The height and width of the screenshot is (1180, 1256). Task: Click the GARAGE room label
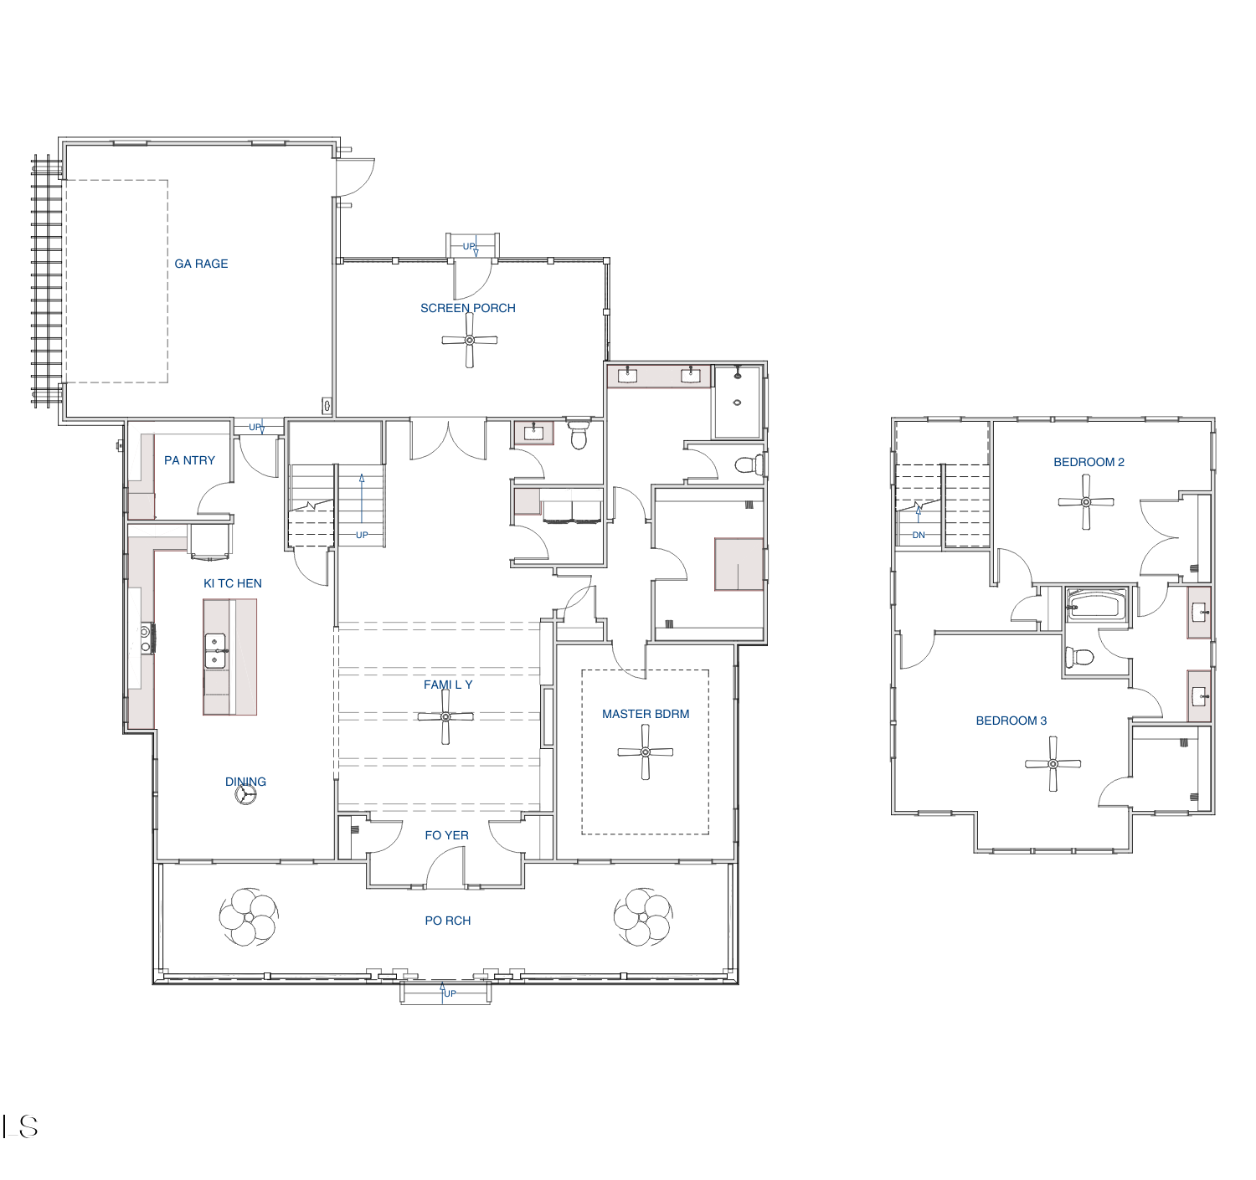(x=201, y=264)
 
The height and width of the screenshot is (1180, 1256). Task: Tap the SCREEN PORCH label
(x=468, y=308)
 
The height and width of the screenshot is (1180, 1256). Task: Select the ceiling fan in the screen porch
(x=469, y=341)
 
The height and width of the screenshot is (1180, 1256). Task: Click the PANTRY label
(x=189, y=460)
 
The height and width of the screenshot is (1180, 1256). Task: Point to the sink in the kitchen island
(x=216, y=651)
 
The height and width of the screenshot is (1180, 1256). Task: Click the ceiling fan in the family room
(x=445, y=716)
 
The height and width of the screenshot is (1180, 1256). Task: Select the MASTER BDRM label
(x=645, y=714)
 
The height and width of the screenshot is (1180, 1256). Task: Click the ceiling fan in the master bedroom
(x=645, y=752)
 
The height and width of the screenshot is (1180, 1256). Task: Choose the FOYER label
(x=446, y=835)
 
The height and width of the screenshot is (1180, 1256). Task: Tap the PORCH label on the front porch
(x=448, y=921)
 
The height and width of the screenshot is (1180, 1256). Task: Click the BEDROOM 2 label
(x=1089, y=462)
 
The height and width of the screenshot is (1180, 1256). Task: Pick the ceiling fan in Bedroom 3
(x=1053, y=764)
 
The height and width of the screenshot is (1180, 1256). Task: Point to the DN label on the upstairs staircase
(x=919, y=535)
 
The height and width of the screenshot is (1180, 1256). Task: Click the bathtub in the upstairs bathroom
(x=1097, y=606)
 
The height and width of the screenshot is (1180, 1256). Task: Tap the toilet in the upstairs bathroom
(x=1079, y=657)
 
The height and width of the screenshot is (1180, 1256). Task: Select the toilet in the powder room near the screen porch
(x=579, y=434)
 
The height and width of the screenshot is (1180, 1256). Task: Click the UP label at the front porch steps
(x=449, y=993)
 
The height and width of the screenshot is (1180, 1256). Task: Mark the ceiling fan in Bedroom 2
(x=1086, y=502)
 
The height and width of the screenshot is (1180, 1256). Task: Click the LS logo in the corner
(x=20, y=1126)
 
